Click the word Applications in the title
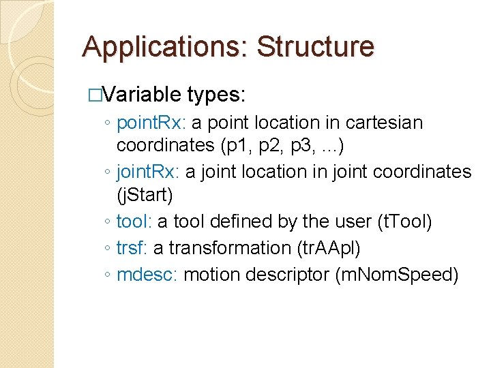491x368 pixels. pos(165,48)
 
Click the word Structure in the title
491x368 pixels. pos(315,48)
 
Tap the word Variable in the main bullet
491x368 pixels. pos(140,94)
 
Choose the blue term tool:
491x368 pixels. pos(134,221)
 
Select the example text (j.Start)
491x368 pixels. pos(145,196)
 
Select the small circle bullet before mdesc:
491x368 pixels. pos(108,275)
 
